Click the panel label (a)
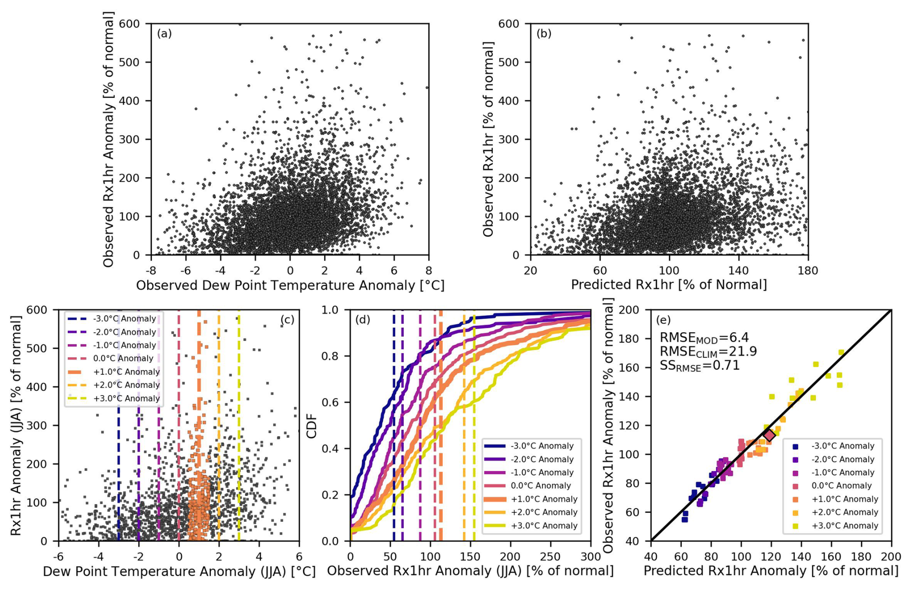tap(164, 34)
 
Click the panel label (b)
tap(544, 34)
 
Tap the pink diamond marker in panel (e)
tap(769, 436)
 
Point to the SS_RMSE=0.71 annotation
tap(699, 366)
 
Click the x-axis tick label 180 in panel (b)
tap(808, 271)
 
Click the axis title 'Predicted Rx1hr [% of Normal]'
tap(669, 285)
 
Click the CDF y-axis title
tap(312, 425)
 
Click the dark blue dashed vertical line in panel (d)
tap(394, 434)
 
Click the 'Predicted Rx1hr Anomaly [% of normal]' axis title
tap(771, 571)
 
